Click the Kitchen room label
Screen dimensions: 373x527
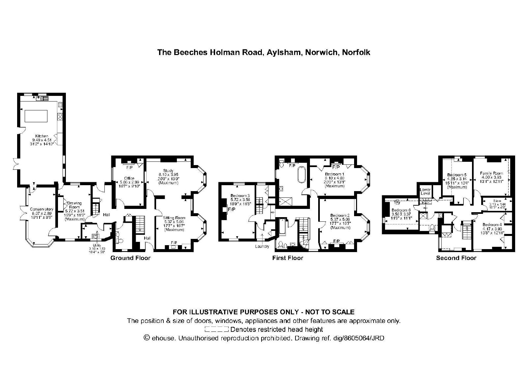(x=42, y=136)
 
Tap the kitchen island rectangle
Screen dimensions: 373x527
(x=36, y=116)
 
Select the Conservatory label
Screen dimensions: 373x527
(x=41, y=209)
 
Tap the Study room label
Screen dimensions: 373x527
(x=168, y=170)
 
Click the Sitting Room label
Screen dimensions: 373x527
(x=174, y=218)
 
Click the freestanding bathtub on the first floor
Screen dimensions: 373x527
(x=301, y=174)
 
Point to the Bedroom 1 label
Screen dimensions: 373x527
(x=334, y=174)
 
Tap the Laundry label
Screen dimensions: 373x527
(x=262, y=246)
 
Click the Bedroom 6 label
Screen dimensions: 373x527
(x=401, y=210)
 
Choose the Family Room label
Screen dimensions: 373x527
(x=491, y=173)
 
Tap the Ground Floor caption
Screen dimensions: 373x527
(x=130, y=258)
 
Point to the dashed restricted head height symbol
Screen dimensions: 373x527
(x=216, y=329)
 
